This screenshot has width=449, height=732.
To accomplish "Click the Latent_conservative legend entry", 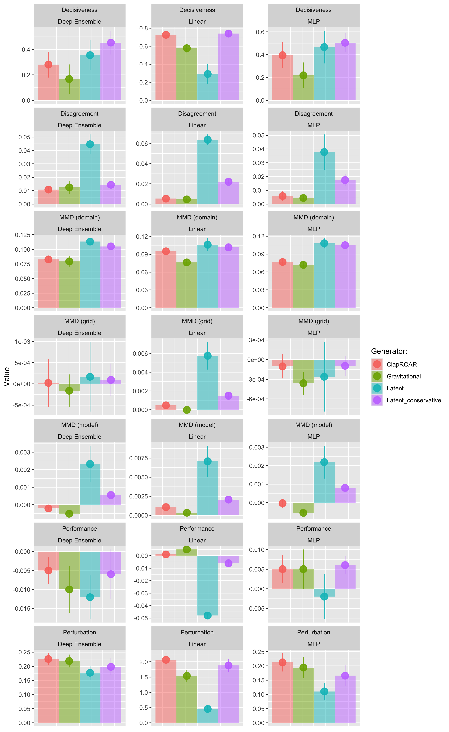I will pyautogui.click(x=414, y=400).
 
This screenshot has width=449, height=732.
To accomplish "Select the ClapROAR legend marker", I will pyautogui.click(x=377, y=364).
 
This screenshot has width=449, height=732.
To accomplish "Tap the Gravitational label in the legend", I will pyautogui.click(x=403, y=376).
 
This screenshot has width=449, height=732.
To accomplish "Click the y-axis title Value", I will pyautogui.click(x=6, y=377).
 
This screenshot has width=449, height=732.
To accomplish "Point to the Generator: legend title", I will pyautogui.click(x=389, y=351).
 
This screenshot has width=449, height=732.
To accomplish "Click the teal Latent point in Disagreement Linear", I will pyautogui.click(x=208, y=140).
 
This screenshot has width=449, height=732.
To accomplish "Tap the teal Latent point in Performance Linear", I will pyautogui.click(x=208, y=615).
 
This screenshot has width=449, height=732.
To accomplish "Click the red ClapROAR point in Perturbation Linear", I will pyautogui.click(x=166, y=659).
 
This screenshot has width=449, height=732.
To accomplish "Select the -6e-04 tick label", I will pyautogui.click(x=255, y=399).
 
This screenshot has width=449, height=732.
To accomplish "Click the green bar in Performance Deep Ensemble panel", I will pyautogui.click(x=69, y=570).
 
